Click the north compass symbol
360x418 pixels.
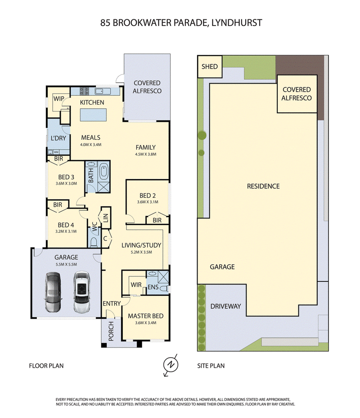click(x=171, y=365)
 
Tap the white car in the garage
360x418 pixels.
click(x=81, y=292)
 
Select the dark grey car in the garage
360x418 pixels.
click(x=54, y=292)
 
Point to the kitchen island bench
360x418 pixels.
click(x=93, y=115)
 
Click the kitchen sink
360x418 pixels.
click(x=103, y=91)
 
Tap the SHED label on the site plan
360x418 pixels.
click(x=210, y=67)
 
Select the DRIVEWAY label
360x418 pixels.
click(x=225, y=306)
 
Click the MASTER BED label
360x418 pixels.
click(x=145, y=316)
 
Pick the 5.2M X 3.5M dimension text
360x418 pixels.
click(x=141, y=252)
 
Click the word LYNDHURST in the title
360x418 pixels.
click(x=236, y=22)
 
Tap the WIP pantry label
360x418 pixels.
click(x=58, y=98)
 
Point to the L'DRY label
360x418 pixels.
click(x=58, y=138)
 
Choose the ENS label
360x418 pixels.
click(x=153, y=287)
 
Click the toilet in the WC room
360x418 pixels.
click(x=94, y=242)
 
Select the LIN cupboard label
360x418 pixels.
click(x=106, y=218)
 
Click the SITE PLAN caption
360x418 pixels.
click(x=211, y=366)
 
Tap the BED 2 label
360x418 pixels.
click(x=147, y=196)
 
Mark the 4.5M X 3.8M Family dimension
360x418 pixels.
click(x=146, y=154)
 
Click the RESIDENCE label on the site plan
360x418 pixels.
click(x=263, y=186)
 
